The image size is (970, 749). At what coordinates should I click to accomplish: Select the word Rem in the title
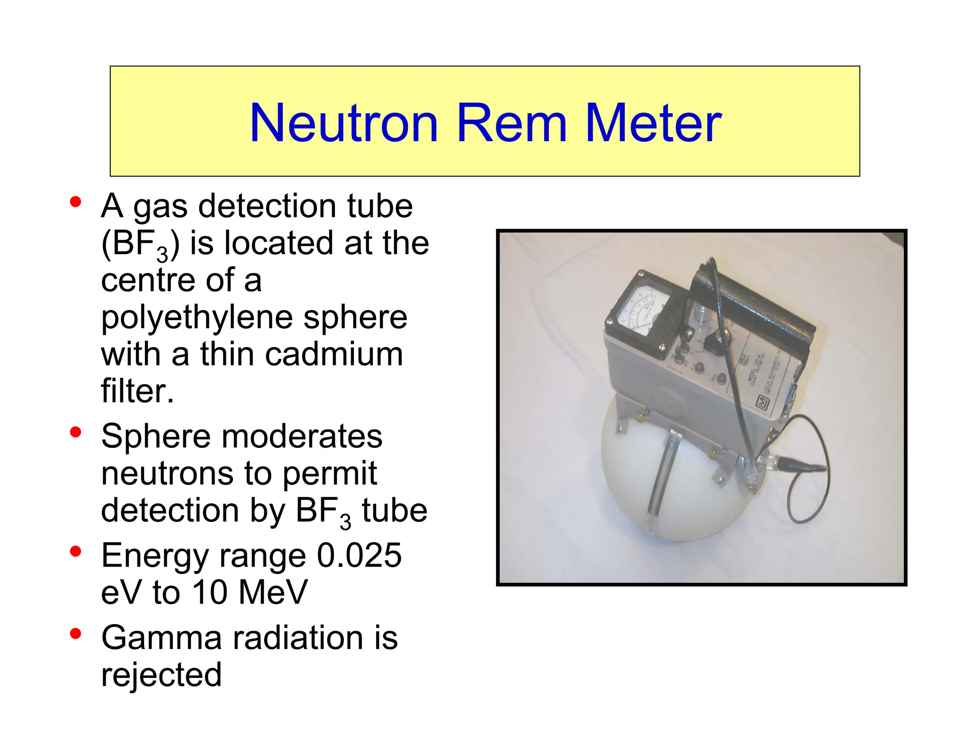512,123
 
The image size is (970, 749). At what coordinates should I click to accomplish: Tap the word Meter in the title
654,123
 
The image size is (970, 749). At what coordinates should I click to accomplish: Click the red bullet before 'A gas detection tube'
75,202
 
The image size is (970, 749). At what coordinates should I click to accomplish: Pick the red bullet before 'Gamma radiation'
75,633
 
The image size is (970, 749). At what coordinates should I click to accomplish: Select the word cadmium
334,354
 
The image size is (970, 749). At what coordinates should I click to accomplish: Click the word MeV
273,592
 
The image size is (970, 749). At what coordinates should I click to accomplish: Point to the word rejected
161,674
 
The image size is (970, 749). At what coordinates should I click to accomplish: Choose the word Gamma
161,637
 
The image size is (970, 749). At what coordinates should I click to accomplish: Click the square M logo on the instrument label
763,402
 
